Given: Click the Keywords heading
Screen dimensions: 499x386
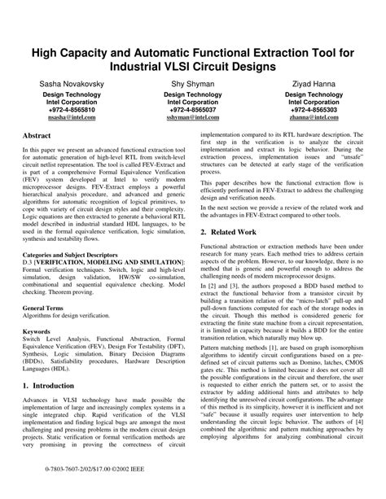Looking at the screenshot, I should [40, 333].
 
